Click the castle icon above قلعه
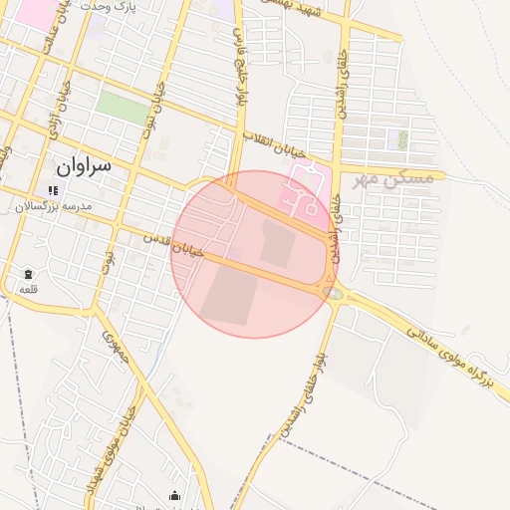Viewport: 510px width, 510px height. pyautogui.click(x=28, y=273)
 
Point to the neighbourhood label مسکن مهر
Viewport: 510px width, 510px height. pyautogui.click(x=393, y=178)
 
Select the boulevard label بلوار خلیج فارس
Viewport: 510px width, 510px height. pyautogui.click(x=241, y=71)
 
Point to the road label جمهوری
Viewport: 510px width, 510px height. pyautogui.click(x=109, y=344)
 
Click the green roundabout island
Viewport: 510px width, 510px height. pyautogui.click(x=331, y=292)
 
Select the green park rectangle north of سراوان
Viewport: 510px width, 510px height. pyautogui.click(x=124, y=108)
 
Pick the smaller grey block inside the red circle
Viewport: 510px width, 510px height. pyautogui.click(x=278, y=242)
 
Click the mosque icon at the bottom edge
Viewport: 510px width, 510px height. pyautogui.click(x=175, y=496)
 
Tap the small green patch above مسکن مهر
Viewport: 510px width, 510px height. pyautogui.click(x=402, y=139)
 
